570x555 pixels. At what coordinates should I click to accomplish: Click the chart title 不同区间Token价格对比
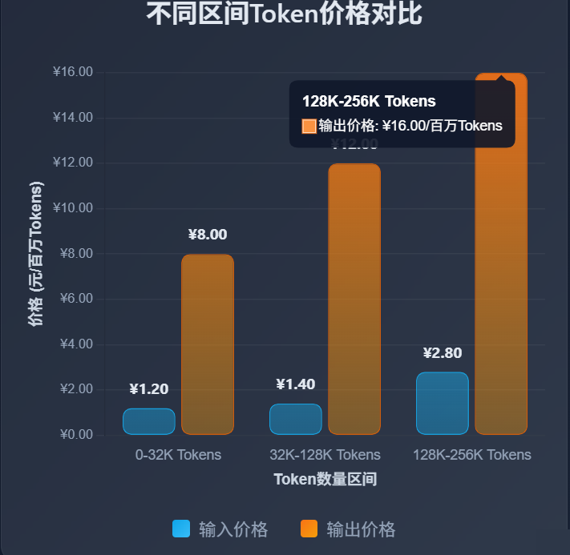285,14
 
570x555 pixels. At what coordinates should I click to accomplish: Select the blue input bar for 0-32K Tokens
148,421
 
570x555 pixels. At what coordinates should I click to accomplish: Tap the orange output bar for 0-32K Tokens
208,344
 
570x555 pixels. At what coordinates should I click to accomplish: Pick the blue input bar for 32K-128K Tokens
295,419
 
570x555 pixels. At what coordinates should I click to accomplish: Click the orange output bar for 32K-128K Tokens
354,299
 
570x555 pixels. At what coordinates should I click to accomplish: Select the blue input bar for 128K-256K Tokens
442,403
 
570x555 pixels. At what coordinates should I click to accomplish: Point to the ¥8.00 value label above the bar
208,235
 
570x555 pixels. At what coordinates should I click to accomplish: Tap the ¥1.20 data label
148,389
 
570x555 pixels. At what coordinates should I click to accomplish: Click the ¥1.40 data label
295,384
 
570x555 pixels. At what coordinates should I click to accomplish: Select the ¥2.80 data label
442,353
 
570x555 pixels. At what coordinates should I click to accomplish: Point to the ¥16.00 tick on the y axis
73,72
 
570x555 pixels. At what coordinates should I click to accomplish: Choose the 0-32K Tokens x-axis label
178,455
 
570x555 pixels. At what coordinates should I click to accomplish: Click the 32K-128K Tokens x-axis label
325,455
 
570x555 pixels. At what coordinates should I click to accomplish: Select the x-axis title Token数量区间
325,479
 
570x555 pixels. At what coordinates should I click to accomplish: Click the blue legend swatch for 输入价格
181,529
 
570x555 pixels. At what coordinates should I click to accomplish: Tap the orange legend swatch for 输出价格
309,529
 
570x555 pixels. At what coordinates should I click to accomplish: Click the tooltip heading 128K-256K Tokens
369,102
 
